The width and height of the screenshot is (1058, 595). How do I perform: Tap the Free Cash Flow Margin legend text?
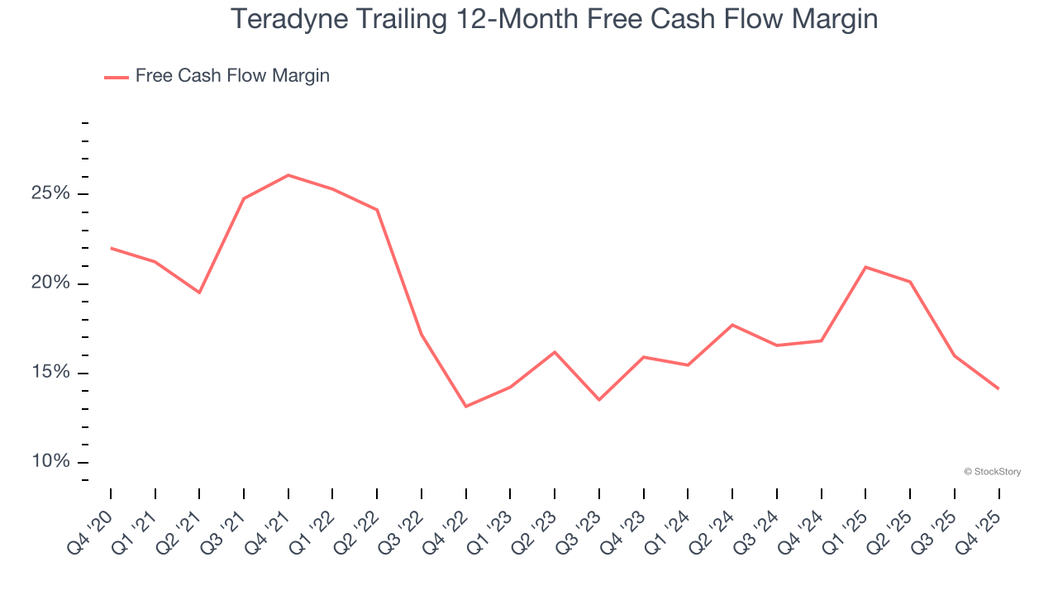[x=232, y=76]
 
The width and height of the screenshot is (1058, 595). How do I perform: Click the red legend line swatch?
[x=116, y=77]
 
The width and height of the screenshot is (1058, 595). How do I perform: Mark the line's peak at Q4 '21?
[x=288, y=175]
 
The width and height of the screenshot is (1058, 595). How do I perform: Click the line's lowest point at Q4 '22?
[x=466, y=407]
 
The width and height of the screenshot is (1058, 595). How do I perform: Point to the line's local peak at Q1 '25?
[x=865, y=267]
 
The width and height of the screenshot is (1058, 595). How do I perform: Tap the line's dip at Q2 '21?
[x=199, y=293]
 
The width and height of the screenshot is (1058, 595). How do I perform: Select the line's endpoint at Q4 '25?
[x=998, y=388]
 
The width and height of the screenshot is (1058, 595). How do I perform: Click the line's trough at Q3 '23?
[x=599, y=400]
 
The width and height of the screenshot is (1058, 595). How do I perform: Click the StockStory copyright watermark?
[x=992, y=472]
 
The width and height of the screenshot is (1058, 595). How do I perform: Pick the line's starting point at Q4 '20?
[x=111, y=248]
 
